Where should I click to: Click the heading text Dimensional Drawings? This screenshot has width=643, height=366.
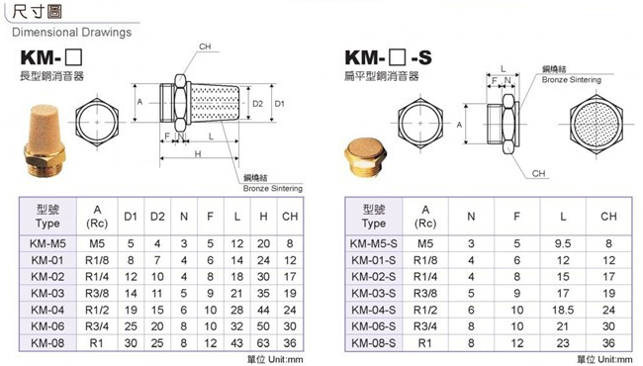pyautogui.click(x=72, y=33)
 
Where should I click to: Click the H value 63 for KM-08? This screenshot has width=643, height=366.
pyautogui.click(x=263, y=342)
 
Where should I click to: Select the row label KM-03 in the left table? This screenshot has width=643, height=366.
pyautogui.click(x=47, y=294)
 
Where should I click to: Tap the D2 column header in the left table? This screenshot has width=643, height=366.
pyautogui.click(x=157, y=217)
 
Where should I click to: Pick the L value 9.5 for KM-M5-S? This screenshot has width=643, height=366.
pyautogui.click(x=563, y=244)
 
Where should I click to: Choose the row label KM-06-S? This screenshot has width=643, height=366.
pyautogui.click(x=374, y=326)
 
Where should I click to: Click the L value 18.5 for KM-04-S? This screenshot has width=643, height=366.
pyautogui.click(x=563, y=310)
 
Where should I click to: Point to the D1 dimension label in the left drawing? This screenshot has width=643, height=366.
pyautogui.click(x=279, y=104)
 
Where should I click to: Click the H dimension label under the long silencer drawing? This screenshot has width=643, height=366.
pyautogui.click(x=198, y=154)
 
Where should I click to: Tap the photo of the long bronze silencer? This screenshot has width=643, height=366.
pyautogui.click(x=45, y=140)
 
